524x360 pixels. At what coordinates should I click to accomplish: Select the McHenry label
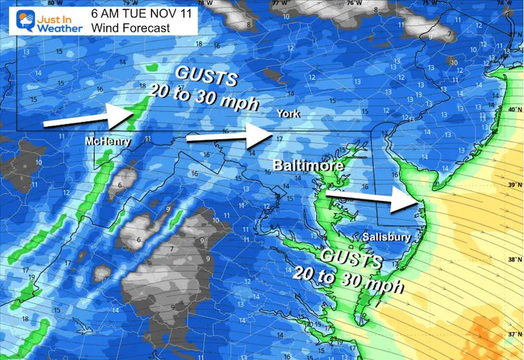pos(104,141)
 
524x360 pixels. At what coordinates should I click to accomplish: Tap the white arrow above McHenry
pos(88,120)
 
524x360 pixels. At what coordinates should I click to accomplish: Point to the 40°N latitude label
pos(512,110)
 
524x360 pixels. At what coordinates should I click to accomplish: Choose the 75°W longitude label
pos(428,3)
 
